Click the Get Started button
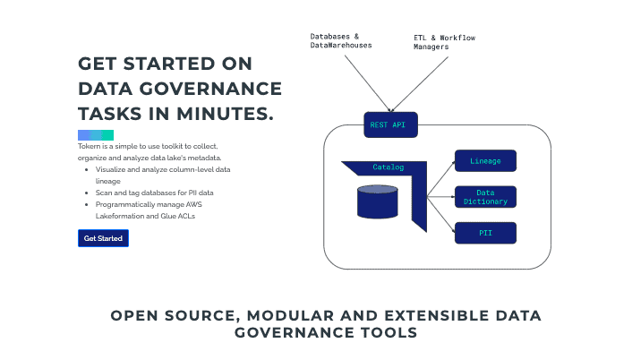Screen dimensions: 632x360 click(103, 238)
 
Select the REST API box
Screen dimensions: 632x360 click(390, 125)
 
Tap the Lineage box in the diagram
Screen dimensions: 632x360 click(485, 161)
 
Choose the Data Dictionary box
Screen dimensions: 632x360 click(485, 197)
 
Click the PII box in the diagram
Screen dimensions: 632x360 click(485, 233)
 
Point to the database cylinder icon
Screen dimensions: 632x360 click(378, 201)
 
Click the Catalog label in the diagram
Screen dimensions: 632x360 click(389, 167)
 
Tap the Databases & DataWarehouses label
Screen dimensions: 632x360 click(341, 40)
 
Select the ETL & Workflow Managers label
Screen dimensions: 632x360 click(444, 42)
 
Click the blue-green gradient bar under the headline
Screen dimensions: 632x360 click(96, 135)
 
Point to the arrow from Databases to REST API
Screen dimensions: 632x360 click(368, 83)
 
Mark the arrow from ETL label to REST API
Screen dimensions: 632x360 click(420, 84)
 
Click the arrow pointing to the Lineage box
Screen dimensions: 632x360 click(441, 179)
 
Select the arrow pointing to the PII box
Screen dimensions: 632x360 click(441, 215)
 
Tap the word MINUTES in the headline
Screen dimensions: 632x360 click(225, 114)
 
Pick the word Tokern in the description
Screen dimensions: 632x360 click(90, 146)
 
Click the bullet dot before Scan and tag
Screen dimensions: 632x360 click(87, 193)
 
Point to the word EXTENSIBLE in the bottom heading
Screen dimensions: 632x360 click(437, 315)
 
